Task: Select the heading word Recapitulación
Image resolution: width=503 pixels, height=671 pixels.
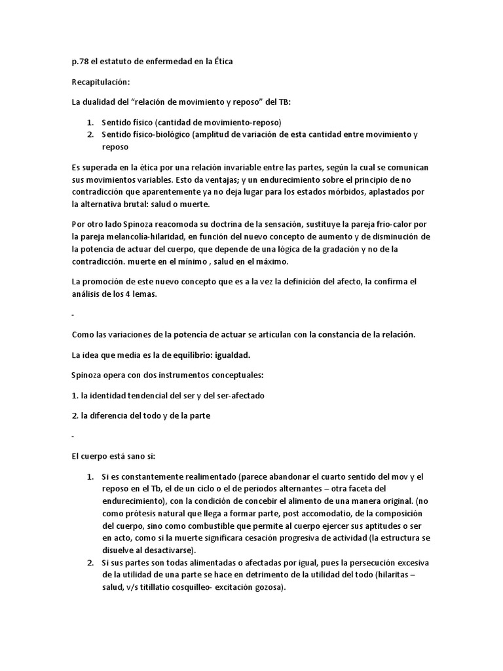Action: pyautogui.click(x=100, y=83)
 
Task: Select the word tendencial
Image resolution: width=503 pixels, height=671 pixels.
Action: pyautogui.click(x=143, y=396)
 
